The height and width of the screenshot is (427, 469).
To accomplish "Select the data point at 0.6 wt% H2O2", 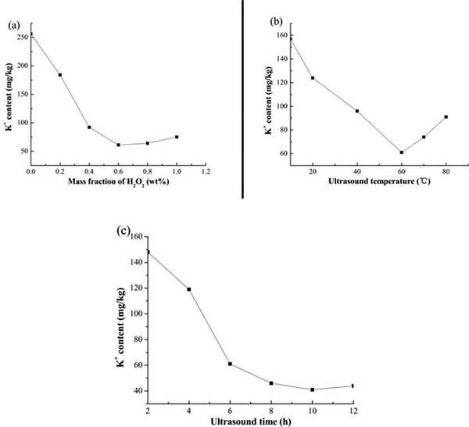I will point(118,145).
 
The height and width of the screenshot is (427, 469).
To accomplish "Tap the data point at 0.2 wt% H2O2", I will point(60,75).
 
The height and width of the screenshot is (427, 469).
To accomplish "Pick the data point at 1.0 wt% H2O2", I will point(177,137).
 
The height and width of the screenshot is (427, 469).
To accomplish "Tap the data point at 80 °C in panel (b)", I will point(446,117).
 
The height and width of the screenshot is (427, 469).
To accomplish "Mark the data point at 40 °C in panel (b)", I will point(357,111).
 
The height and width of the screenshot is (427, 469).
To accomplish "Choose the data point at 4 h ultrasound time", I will point(189,289).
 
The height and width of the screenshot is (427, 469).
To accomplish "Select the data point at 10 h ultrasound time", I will point(312,389).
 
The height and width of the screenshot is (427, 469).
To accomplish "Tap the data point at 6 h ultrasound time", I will point(230,364).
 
